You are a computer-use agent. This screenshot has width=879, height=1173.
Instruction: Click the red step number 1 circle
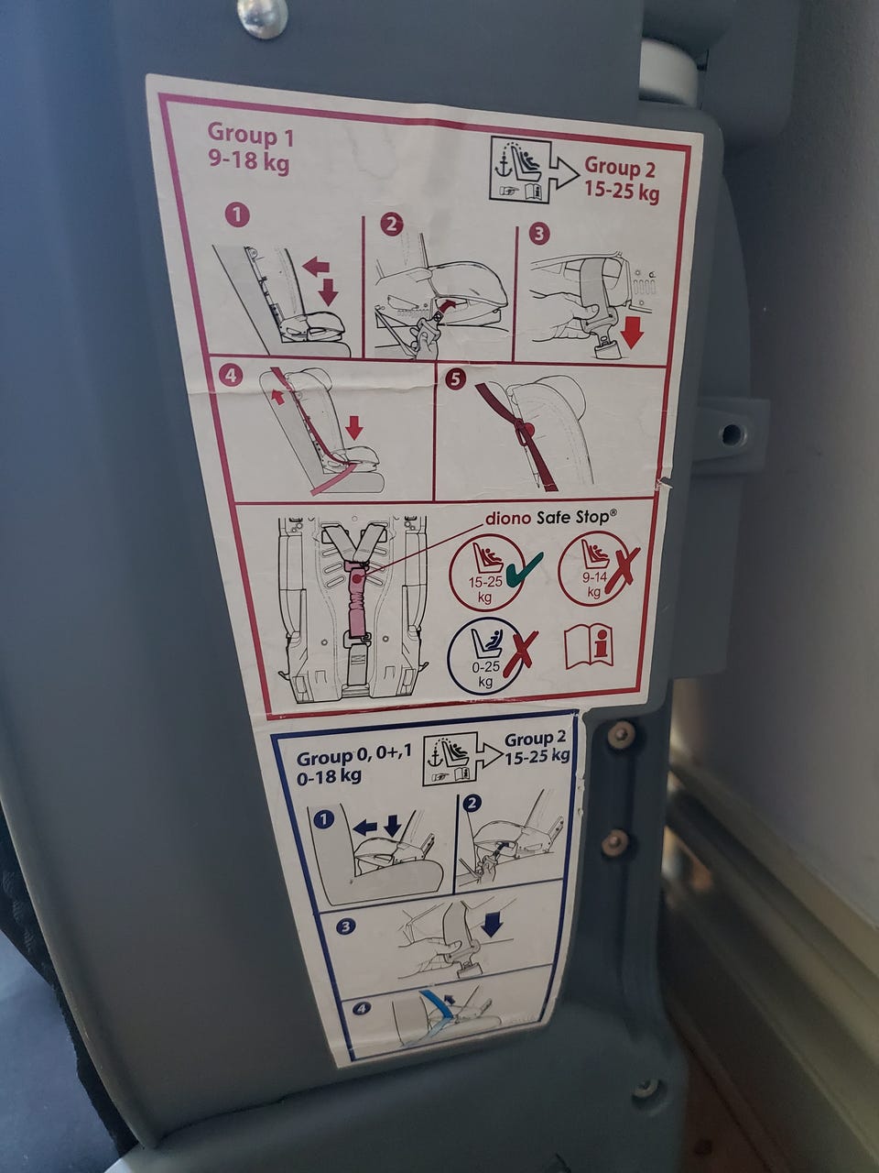pos(237,216)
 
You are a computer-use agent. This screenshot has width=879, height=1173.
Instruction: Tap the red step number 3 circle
pos(539,234)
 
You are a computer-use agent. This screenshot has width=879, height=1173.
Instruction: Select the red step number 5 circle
pos(455,378)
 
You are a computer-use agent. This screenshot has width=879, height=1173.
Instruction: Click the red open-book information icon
pos(589,648)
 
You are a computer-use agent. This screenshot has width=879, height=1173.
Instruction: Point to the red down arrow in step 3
pos(633,332)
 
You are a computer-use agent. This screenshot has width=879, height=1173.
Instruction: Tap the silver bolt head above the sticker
pos(263,17)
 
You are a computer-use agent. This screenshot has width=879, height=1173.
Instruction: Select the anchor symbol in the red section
pos(502,169)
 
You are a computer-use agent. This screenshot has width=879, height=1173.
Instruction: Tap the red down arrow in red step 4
pos(353,427)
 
